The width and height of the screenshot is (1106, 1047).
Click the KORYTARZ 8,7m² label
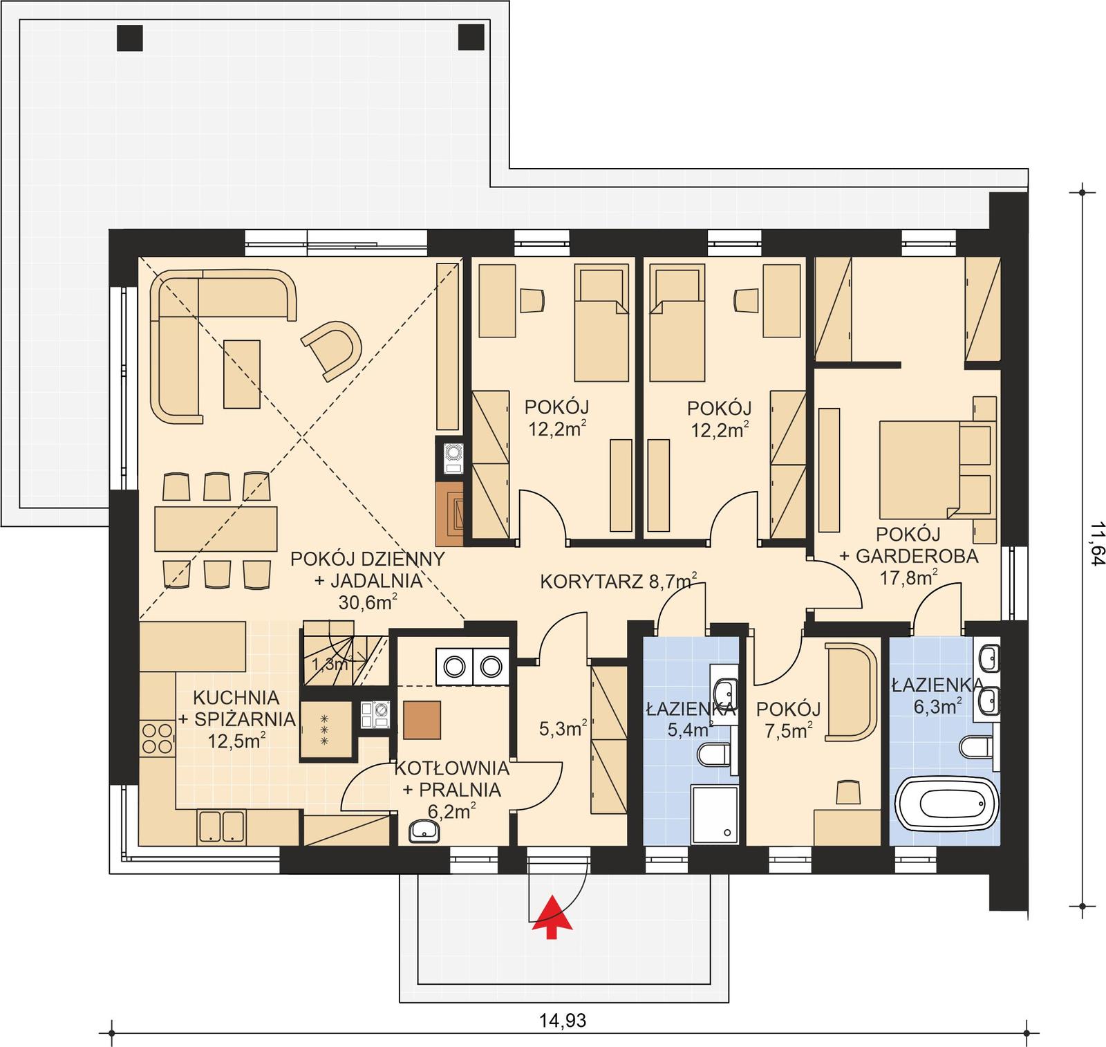(x=618, y=581)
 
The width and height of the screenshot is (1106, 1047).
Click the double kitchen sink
(x=221, y=827)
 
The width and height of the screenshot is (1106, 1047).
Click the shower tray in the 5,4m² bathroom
(x=715, y=814)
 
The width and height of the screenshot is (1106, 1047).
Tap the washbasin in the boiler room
(x=424, y=831)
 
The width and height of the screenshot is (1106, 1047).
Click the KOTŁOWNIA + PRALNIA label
(x=452, y=788)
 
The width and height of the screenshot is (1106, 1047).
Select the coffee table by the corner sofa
(x=241, y=373)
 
